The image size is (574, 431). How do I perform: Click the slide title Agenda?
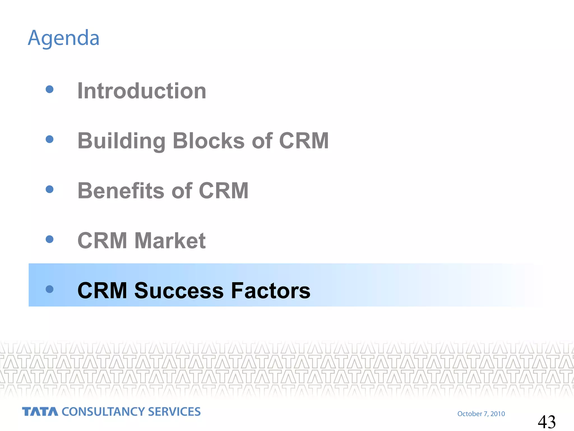(64, 38)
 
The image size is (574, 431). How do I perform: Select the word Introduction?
(142, 91)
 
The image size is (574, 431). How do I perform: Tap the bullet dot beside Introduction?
(50, 89)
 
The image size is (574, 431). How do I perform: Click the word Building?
(121, 141)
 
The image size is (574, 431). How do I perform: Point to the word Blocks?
(209, 141)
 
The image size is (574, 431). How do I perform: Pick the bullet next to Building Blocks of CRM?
(50, 139)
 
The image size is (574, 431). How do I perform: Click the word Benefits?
(121, 191)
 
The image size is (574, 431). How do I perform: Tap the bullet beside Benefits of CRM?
(50, 189)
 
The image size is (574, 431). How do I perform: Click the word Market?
(170, 240)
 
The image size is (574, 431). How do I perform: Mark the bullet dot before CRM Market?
(50, 239)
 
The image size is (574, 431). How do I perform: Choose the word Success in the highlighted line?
(179, 290)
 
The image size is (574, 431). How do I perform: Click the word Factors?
(270, 290)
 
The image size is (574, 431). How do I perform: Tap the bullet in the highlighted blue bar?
(50, 289)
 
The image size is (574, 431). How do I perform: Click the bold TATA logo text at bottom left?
(40, 412)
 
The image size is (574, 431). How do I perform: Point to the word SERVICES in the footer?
(174, 412)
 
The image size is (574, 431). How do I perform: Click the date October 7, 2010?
(481, 414)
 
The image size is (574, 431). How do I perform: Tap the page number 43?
(547, 422)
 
